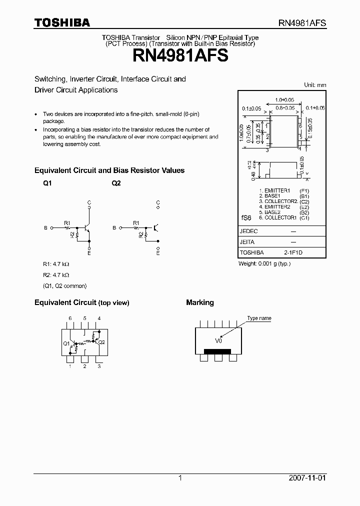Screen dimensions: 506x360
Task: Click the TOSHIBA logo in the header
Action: click(62, 23)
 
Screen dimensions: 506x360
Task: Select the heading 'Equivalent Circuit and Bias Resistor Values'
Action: click(109, 170)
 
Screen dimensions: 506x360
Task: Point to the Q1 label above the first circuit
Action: click(47, 183)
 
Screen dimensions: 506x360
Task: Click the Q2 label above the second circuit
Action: click(116, 183)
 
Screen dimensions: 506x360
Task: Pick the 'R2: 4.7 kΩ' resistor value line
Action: click(55, 274)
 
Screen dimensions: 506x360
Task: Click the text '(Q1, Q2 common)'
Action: click(64, 285)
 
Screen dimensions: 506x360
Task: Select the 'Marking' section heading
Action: click(200, 302)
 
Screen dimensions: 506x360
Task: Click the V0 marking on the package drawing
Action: click(218, 340)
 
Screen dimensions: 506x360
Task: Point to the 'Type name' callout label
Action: click(259, 318)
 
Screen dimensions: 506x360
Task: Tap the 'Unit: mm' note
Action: click(315, 85)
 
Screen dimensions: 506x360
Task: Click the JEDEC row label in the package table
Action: click(248, 231)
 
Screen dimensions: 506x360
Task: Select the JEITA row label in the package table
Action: click(247, 242)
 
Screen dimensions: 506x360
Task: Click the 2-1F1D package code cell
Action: click(293, 252)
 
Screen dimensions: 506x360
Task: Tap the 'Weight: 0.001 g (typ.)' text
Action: click(264, 263)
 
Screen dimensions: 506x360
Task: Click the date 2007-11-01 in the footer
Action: click(307, 478)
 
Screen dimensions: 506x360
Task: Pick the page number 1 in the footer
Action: click(180, 478)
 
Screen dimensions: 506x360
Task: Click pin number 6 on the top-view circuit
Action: click(70, 318)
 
